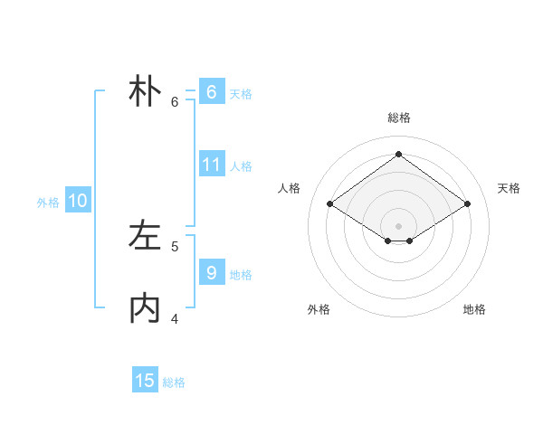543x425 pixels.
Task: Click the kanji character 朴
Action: (x=145, y=91)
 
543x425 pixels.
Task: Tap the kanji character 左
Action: (x=145, y=236)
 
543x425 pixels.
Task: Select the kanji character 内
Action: (x=145, y=308)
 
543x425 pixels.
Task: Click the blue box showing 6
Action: (x=211, y=92)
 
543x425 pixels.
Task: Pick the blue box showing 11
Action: (x=211, y=165)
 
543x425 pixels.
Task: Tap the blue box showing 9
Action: (x=211, y=272)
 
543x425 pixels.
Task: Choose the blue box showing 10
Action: (x=78, y=201)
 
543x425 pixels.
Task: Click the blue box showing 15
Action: (x=145, y=381)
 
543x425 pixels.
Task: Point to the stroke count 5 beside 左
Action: (x=175, y=246)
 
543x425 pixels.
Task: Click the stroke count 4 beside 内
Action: (x=175, y=318)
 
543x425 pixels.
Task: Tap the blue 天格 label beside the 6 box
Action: (x=241, y=94)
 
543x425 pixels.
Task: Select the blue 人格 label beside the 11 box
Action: (x=241, y=166)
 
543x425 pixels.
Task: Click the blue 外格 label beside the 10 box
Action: (x=48, y=203)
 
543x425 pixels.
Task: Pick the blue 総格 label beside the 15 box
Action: (x=174, y=382)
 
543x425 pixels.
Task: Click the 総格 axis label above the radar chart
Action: (x=398, y=118)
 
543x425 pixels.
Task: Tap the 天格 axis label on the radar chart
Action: (x=509, y=188)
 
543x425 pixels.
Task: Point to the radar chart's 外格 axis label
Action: (x=319, y=309)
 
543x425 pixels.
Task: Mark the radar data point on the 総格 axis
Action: (x=398, y=155)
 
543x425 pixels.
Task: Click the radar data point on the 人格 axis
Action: (x=329, y=204)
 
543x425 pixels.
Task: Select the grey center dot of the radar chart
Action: (x=398, y=225)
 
